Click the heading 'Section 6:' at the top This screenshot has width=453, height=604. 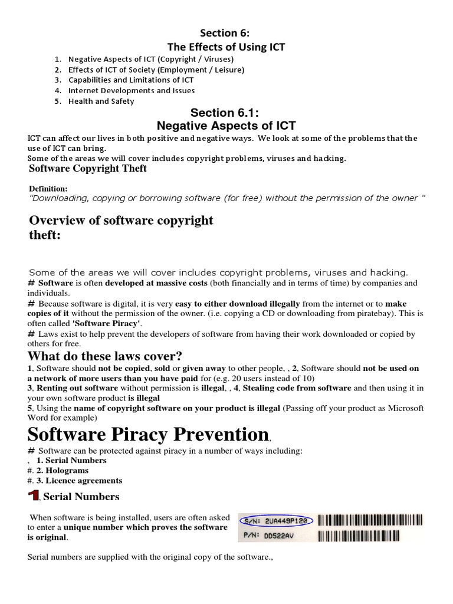[226, 34]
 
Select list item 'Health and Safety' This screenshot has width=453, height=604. [101, 101]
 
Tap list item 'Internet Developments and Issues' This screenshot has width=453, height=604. [132, 90]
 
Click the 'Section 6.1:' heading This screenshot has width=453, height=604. [226, 113]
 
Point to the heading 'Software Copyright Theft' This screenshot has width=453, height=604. [88, 169]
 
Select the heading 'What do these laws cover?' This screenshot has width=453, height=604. [105, 356]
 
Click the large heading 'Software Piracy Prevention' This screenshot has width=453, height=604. [148, 435]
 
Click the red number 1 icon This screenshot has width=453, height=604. [34, 496]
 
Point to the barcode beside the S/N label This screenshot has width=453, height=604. [370, 520]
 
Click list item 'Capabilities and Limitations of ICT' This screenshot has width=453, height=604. [131, 80]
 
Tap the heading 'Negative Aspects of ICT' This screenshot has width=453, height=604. [226, 125]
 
